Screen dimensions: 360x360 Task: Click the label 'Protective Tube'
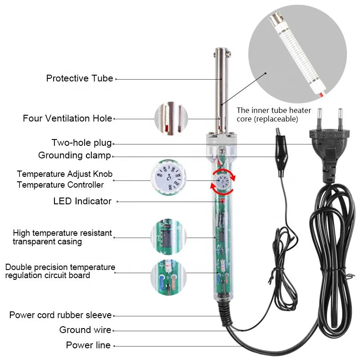(80, 78)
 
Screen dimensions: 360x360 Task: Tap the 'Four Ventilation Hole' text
(67, 118)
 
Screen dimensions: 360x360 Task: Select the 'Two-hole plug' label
(81, 143)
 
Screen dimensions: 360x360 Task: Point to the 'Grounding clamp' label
(75, 156)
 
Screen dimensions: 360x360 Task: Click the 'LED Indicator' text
(82, 201)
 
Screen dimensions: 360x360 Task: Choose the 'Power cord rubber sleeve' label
(60, 315)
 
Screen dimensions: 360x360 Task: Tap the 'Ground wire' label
(85, 330)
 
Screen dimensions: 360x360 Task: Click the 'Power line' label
(88, 345)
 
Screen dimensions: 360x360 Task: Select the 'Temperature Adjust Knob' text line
(65, 174)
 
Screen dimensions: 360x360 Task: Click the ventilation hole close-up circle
(171, 119)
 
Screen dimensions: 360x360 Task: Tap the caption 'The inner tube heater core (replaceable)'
(267, 114)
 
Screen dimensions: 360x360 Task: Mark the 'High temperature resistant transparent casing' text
(62, 237)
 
